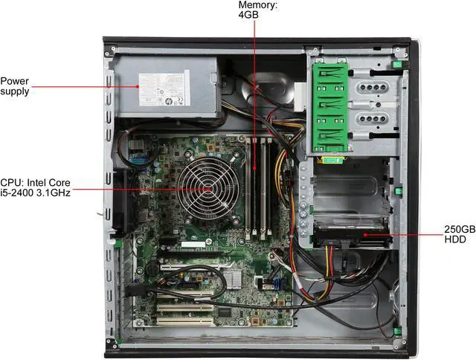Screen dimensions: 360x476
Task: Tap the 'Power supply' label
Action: point(16,86)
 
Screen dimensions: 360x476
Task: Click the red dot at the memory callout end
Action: point(255,170)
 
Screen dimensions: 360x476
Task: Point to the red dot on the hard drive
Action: point(364,234)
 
